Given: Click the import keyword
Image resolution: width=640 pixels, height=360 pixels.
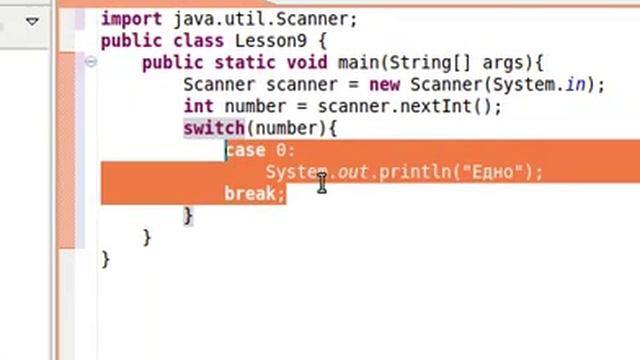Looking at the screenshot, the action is pos(127,18).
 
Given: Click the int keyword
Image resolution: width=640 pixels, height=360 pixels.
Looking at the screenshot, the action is pos(199,106).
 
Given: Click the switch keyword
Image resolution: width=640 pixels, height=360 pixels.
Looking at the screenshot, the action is pos(213,128).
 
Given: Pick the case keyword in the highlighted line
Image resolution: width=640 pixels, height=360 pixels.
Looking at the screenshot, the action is pos(245,150).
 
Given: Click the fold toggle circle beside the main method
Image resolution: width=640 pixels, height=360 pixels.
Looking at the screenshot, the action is pos(90,62).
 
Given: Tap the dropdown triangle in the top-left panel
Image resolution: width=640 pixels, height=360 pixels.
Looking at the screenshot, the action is pos(32,19).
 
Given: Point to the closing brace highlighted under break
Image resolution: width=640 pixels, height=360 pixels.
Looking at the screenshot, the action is pos(188,215).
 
